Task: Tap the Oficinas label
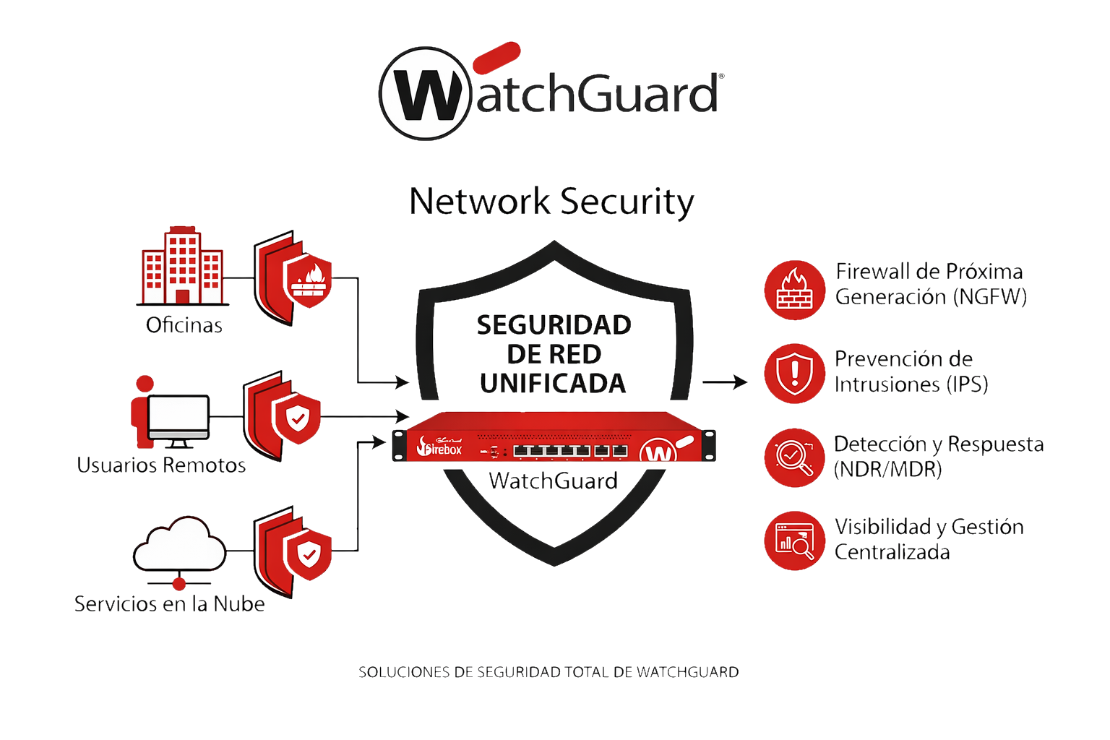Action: (x=184, y=325)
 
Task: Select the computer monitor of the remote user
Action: (x=178, y=418)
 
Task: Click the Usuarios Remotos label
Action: (x=161, y=465)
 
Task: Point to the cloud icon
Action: (x=180, y=546)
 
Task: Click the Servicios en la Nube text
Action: (x=169, y=603)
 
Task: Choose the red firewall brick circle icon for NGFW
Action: (x=794, y=290)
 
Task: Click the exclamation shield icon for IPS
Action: (x=794, y=374)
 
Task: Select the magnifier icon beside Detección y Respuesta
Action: (x=794, y=457)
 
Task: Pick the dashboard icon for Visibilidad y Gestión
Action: (x=794, y=541)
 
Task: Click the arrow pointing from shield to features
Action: (x=725, y=382)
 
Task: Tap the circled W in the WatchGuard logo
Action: (x=426, y=94)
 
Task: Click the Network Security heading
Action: (x=551, y=202)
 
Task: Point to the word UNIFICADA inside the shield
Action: (x=553, y=384)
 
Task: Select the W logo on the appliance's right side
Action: (x=658, y=452)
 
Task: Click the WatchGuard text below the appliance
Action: (x=553, y=481)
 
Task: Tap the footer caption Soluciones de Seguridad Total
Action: (x=548, y=672)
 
